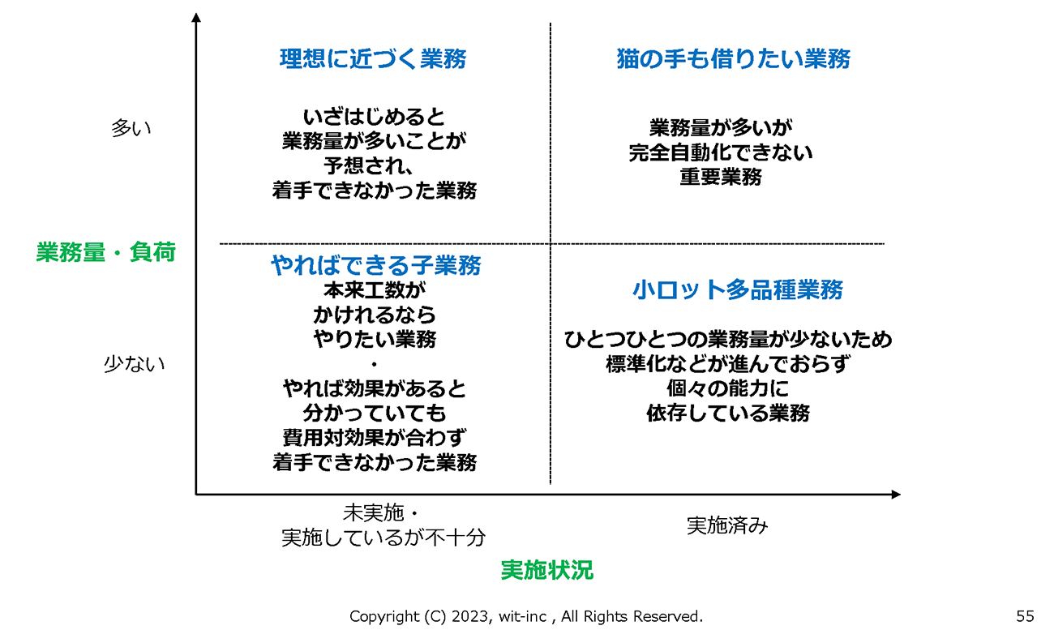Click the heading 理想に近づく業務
coord(373,59)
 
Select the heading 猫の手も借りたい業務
coord(733,59)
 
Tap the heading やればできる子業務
coord(375,265)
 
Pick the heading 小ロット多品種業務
coord(738,289)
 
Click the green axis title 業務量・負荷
coord(105,252)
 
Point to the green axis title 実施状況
coord(546,570)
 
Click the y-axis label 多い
coord(131,128)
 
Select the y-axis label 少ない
coord(134,363)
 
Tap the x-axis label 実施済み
coord(726,525)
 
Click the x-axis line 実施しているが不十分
coord(383,537)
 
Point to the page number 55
coord(1025,616)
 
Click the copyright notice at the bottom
coord(526,616)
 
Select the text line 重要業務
coord(721,177)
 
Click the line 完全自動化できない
coord(721,152)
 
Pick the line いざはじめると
coord(374,117)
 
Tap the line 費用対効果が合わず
coord(374,438)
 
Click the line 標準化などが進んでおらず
coord(727,364)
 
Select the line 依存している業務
coord(727,414)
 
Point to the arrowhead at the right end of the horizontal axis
coord(896,494)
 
